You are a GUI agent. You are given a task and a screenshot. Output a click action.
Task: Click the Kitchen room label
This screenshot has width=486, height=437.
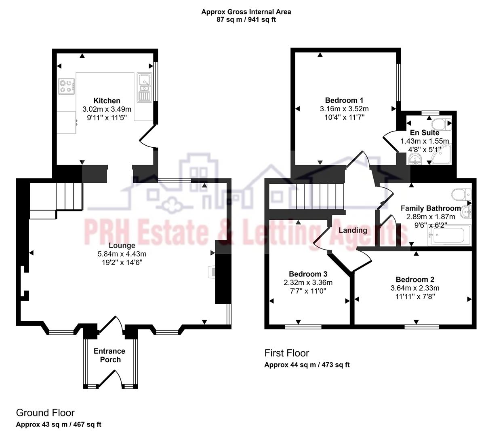coord(107,101)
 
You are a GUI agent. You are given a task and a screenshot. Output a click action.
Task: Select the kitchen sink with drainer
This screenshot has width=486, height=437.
coord(143,87)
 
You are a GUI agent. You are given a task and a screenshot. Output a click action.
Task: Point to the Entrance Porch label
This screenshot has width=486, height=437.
coord(109,355)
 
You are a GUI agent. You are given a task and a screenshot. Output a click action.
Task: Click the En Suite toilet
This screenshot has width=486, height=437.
coord(438,123)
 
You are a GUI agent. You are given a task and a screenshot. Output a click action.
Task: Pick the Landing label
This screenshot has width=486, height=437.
coord(353,231)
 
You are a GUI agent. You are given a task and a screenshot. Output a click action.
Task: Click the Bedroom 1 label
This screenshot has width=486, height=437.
coord(344,100)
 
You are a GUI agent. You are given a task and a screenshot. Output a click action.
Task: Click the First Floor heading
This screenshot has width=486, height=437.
coord(286,353)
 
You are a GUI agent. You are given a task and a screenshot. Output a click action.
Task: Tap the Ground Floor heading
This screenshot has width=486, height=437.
coord(45,413)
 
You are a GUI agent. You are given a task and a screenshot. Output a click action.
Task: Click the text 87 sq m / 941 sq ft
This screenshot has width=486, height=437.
coord(246,19)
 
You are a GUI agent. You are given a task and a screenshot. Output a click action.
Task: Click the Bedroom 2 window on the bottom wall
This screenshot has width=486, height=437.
coord(421,327)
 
